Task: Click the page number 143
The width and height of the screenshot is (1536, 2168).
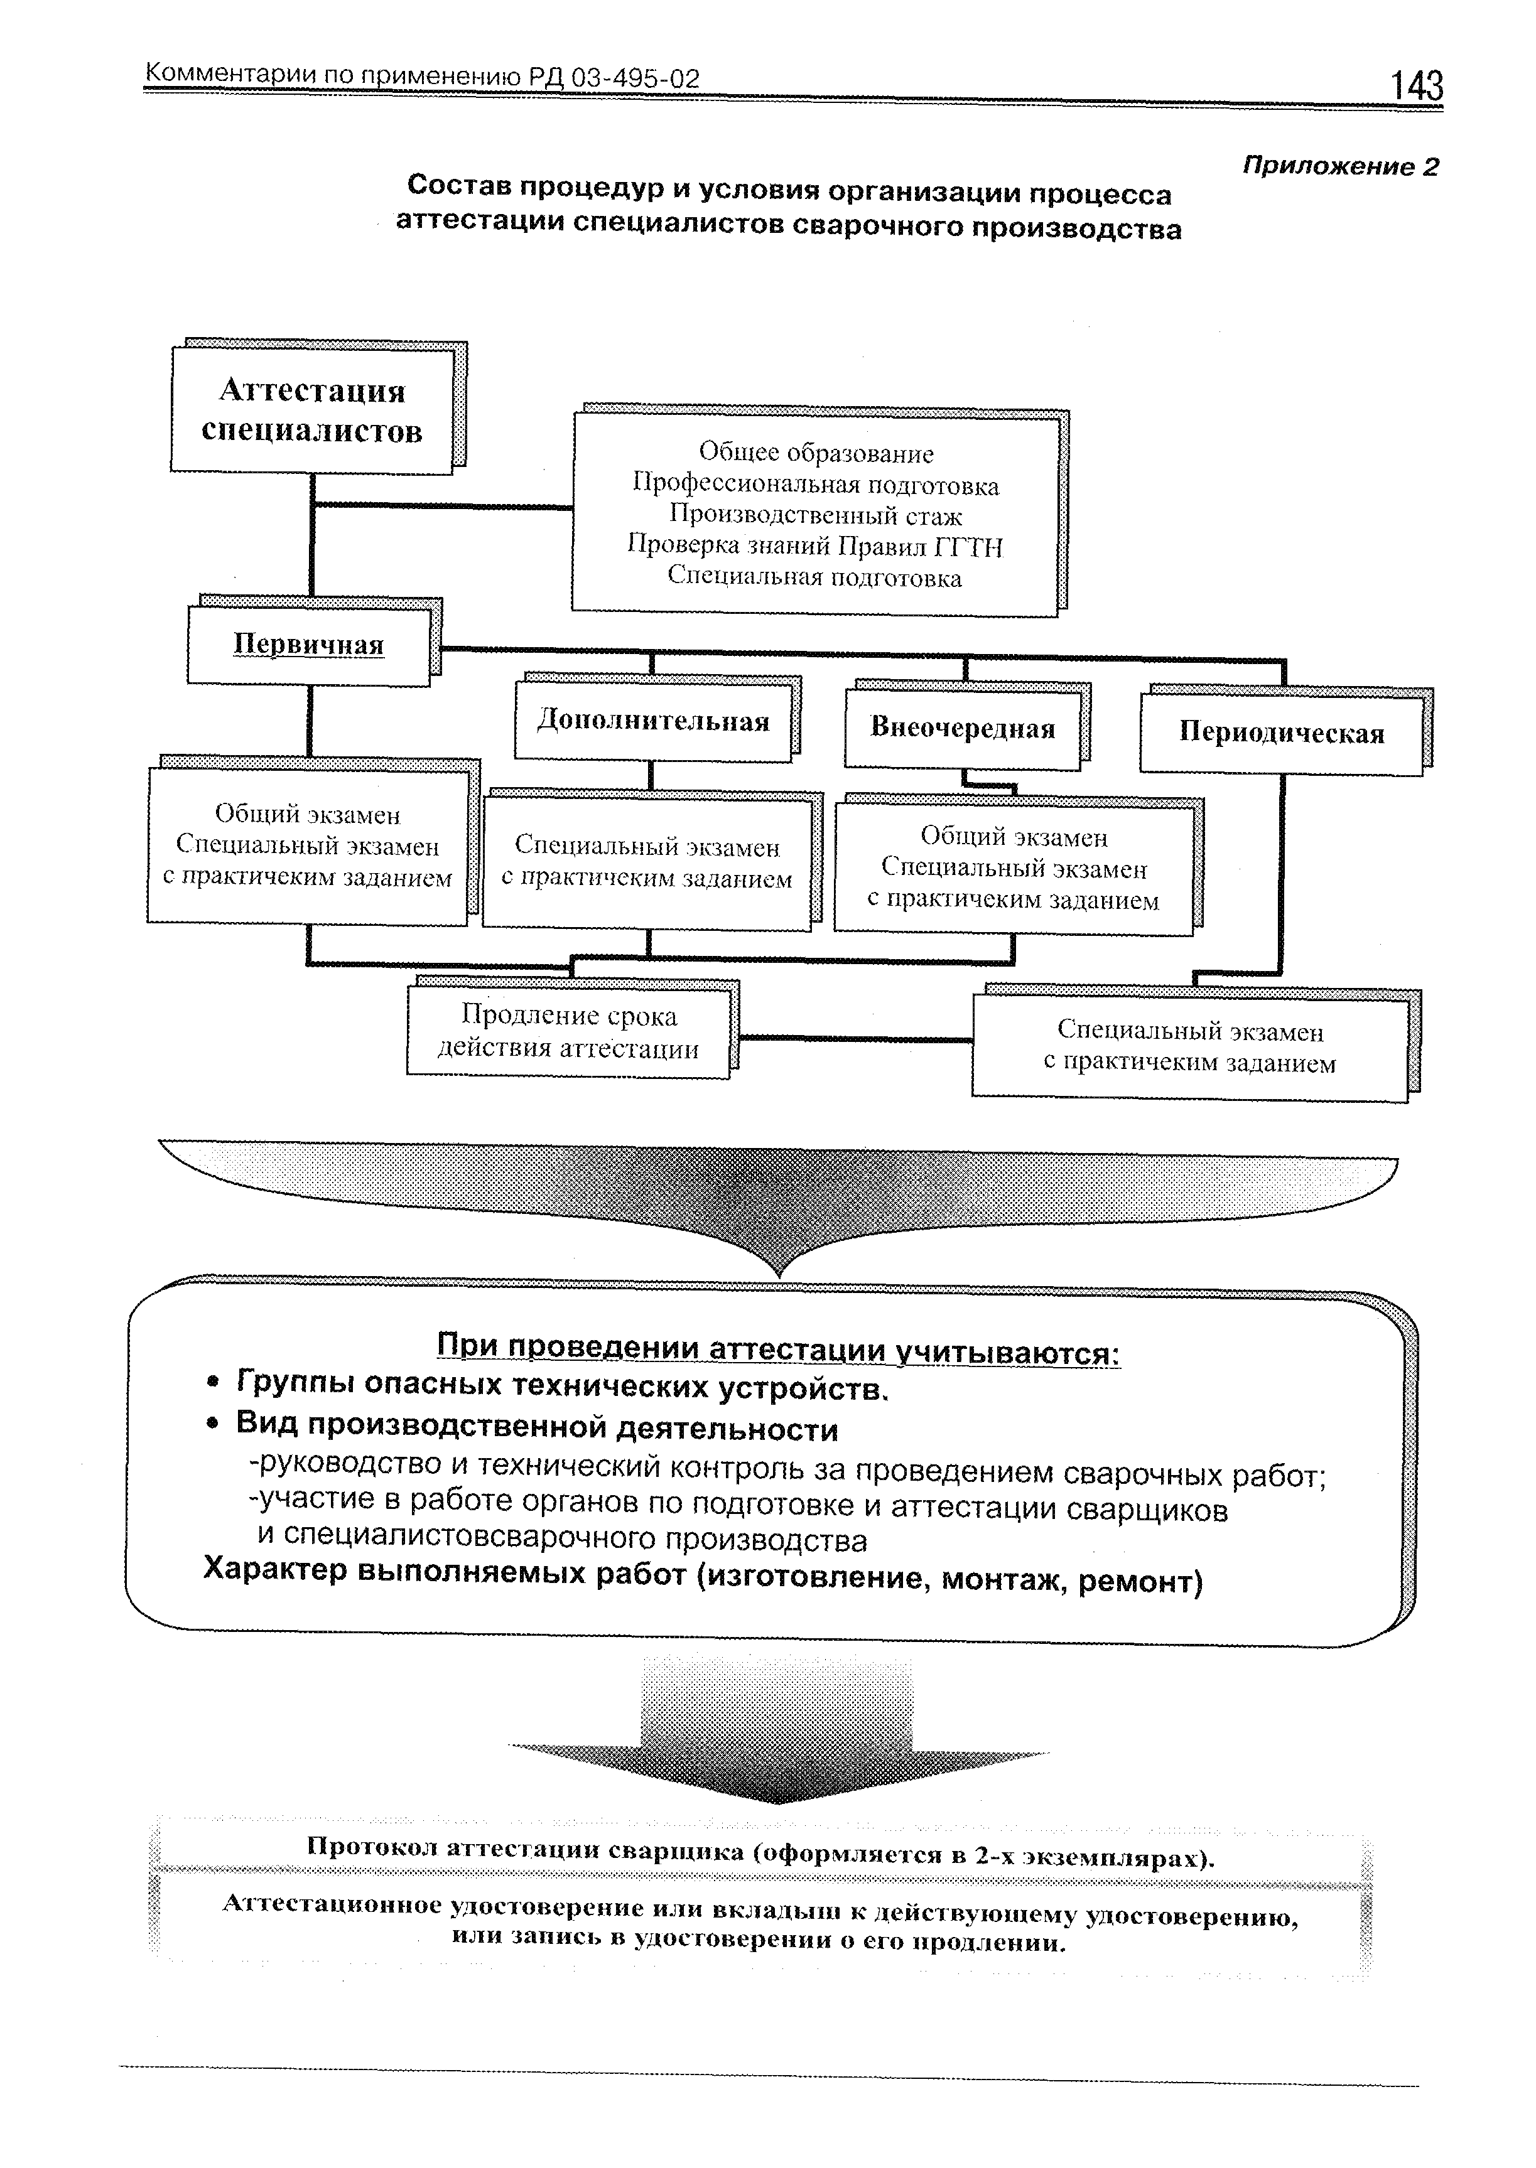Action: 1416,86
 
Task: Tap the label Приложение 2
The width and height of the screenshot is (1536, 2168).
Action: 1339,166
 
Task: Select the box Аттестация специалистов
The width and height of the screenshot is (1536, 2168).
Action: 312,411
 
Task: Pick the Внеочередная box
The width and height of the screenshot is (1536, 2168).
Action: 962,728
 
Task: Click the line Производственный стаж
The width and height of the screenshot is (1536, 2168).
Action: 815,515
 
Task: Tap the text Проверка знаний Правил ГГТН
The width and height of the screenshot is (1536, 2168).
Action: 815,547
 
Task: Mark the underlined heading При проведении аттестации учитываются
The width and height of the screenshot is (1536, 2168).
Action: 777,1350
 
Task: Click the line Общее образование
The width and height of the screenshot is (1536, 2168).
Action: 815,454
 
